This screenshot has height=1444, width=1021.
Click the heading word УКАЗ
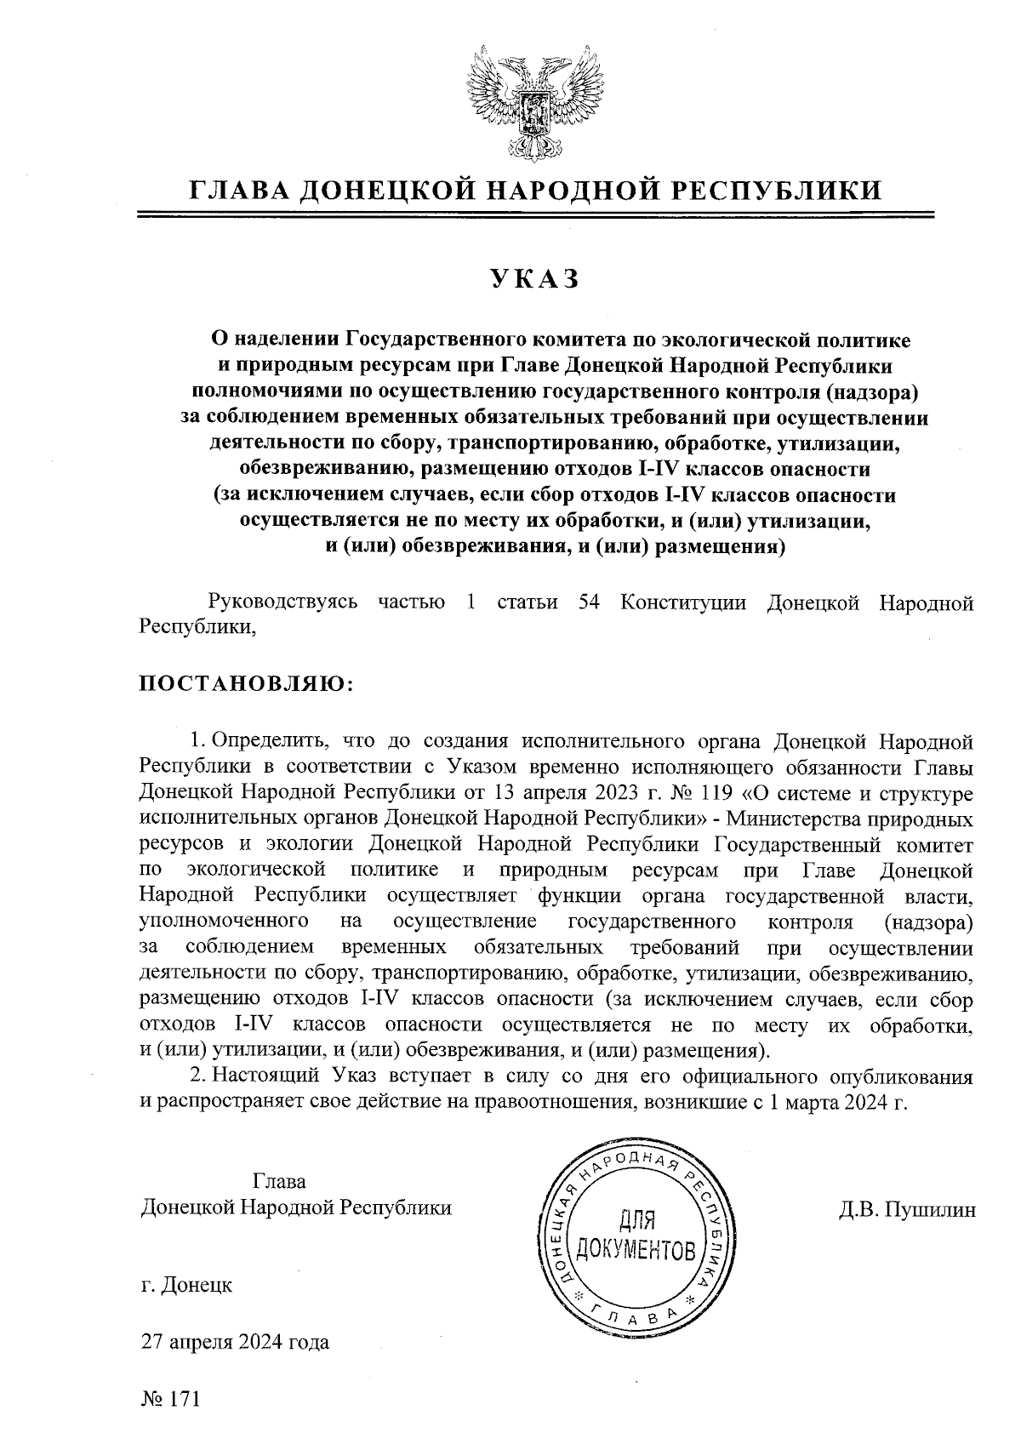(533, 278)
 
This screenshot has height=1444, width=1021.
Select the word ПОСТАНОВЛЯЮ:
(246, 684)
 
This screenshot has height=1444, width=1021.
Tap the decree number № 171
(170, 1400)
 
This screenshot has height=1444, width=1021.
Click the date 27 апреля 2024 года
(236, 1343)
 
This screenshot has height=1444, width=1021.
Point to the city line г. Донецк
(186, 1285)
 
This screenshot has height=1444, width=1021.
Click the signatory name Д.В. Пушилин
(907, 1209)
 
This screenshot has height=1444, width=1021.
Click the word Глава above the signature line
(279, 1182)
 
